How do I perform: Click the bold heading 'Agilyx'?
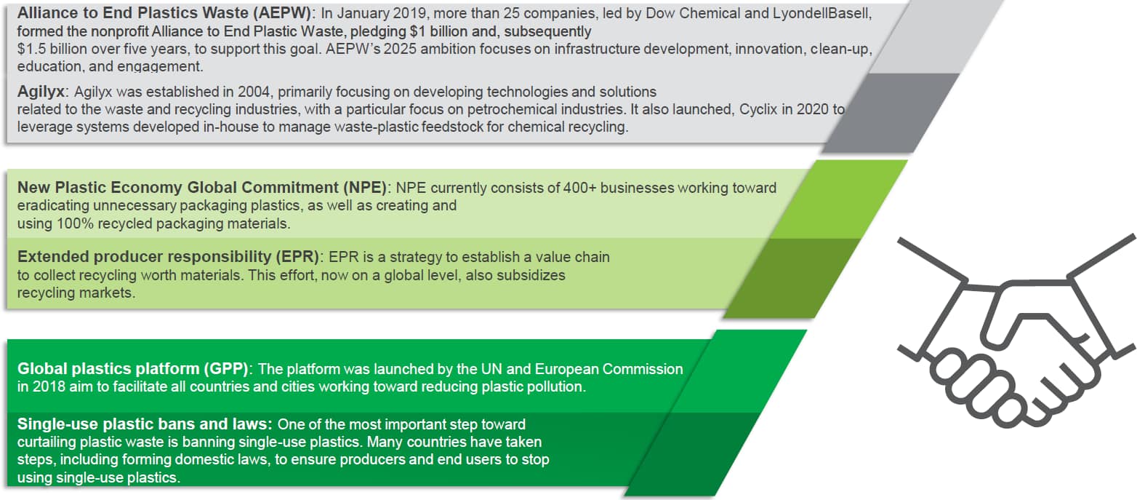41,92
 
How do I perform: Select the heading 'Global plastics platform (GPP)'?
132,369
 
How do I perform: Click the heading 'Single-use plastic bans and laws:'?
145,424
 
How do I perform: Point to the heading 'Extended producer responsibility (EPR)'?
168,257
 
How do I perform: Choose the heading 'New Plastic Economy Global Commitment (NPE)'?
202,188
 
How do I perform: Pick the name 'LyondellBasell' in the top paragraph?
821,13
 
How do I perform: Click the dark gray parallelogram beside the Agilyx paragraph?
891,113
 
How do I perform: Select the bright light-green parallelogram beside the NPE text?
838,199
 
